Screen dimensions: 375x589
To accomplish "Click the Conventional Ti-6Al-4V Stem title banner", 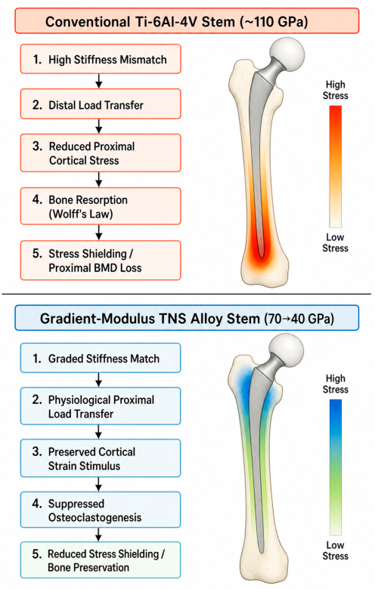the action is (x=187, y=21).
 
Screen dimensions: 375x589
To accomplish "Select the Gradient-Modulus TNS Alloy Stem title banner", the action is (x=187, y=318).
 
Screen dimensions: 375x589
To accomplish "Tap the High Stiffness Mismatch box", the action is (x=101, y=59).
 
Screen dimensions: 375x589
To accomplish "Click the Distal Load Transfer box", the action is (x=101, y=104).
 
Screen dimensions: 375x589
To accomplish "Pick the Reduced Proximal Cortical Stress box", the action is (x=101, y=153).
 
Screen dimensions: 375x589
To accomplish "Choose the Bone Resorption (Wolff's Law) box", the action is (x=101, y=206).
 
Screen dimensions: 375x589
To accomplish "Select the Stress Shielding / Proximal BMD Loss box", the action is (x=101, y=261).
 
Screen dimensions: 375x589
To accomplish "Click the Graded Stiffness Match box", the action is (x=101, y=358).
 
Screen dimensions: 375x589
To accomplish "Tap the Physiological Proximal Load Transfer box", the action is (x=101, y=406).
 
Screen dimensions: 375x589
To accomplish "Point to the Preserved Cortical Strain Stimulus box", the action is (x=101, y=458).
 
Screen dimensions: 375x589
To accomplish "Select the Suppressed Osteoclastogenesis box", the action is (x=101, y=510).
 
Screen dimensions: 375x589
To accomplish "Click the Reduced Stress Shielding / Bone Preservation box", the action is (x=101, y=560).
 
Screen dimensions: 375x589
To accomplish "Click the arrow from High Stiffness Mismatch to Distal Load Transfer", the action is (x=98, y=81).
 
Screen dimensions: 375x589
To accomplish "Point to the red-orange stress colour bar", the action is (x=336, y=166).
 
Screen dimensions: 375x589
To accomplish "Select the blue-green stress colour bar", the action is (x=336, y=467).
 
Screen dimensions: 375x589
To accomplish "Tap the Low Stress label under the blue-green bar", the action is (x=335, y=550).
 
